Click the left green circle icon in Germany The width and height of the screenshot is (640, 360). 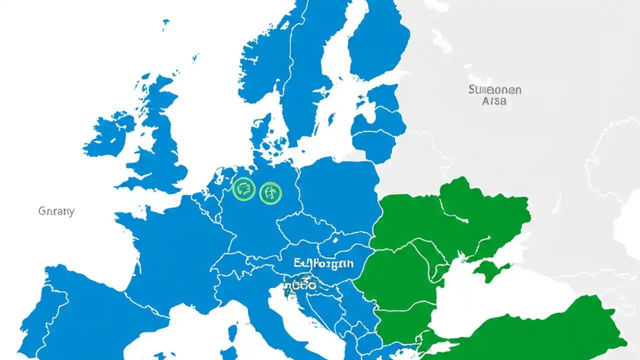click(244, 190)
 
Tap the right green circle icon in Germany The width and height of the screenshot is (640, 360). click(270, 193)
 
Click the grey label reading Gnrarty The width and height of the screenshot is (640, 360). click(56, 211)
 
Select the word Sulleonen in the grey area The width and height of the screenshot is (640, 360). click(495, 90)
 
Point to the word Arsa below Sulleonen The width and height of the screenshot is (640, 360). click(493, 100)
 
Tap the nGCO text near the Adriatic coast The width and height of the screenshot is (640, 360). click(300, 285)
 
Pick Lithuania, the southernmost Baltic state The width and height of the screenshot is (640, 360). click(372, 145)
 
